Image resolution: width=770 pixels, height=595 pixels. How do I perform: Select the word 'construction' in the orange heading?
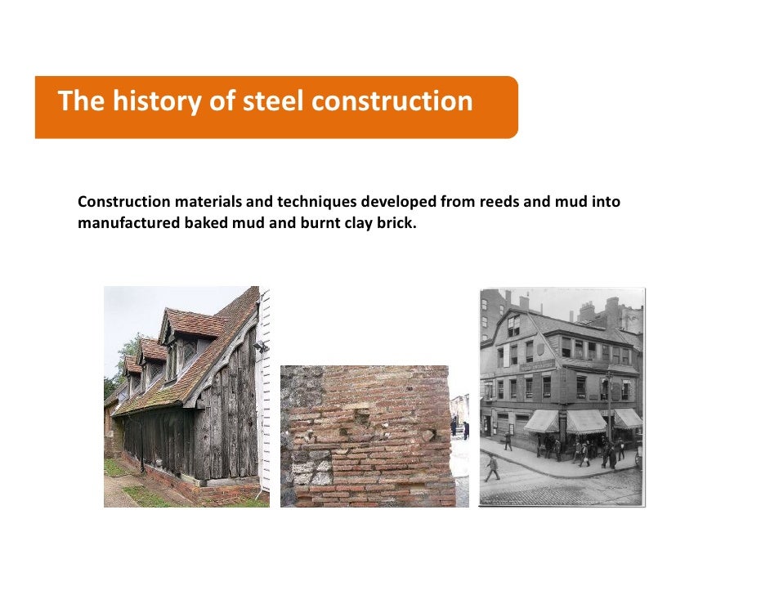392,101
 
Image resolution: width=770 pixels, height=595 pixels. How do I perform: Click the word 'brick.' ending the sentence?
396,221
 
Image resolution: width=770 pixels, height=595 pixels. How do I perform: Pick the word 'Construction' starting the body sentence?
123,202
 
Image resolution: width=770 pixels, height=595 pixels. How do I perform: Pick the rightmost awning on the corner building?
628,418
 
